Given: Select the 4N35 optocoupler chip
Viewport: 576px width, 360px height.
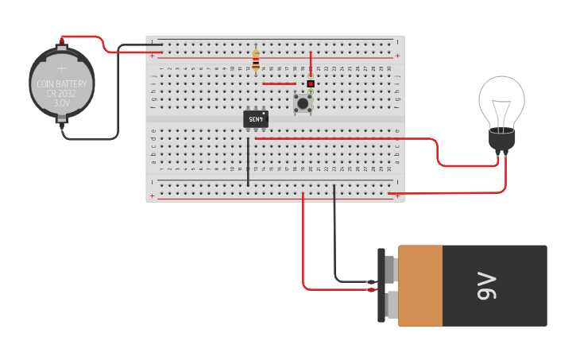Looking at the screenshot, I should (x=255, y=118).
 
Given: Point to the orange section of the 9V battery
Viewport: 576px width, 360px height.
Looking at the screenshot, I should (x=419, y=286).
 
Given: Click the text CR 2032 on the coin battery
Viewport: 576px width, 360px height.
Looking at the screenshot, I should (x=62, y=93).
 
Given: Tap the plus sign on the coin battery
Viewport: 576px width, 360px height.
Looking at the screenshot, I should (x=62, y=69).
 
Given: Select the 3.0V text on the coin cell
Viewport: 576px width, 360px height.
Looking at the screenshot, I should (x=62, y=103).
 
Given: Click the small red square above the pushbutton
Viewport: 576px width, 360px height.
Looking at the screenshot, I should (x=311, y=83).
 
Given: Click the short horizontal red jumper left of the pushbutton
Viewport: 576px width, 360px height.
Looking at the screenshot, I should (x=278, y=83).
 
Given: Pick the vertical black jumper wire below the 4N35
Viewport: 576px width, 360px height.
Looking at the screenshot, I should (x=248, y=162).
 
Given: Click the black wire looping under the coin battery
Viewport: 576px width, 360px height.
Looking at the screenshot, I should (x=91, y=139).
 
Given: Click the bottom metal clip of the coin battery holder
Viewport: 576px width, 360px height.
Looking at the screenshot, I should (x=61, y=122).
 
